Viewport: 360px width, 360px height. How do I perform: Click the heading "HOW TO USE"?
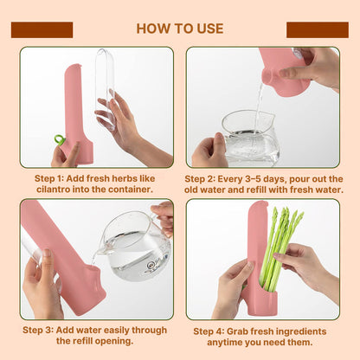pyautogui.click(x=179, y=29)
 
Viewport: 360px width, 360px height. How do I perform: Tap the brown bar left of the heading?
pyautogui.click(x=42, y=29)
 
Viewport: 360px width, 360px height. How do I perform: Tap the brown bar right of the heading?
pyautogui.click(x=317, y=29)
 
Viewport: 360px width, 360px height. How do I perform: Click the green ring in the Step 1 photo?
pyautogui.click(x=59, y=139)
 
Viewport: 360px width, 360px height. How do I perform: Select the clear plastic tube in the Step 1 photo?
pyautogui.click(x=105, y=87)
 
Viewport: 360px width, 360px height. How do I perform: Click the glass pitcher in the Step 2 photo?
pyautogui.click(x=251, y=138)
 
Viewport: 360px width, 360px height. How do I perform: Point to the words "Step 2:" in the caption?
pyautogui.click(x=203, y=178)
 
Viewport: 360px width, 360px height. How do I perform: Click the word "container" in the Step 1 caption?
pyautogui.click(x=130, y=190)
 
